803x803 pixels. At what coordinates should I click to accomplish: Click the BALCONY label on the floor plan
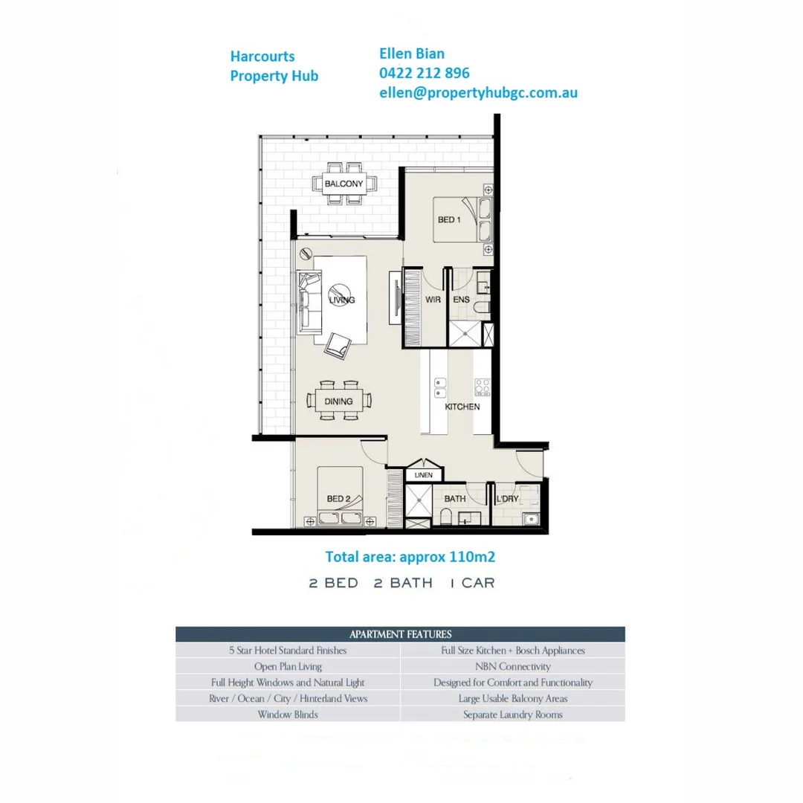[x=344, y=184]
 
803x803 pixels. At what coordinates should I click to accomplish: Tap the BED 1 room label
[x=447, y=220]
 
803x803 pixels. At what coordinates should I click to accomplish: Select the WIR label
[x=433, y=300]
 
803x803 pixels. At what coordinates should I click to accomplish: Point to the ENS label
[x=461, y=300]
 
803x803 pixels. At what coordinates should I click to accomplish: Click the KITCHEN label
[x=462, y=407]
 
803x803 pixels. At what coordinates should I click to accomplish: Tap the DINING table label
[x=338, y=401]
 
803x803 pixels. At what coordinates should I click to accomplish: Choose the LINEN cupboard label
[x=423, y=474]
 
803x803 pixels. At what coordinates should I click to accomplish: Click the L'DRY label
[x=507, y=499]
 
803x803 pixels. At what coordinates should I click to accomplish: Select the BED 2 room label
[x=338, y=498]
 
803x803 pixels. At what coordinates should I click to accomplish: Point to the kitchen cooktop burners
[x=483, y=387]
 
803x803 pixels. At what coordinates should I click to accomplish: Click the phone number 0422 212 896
[x=425, y=73]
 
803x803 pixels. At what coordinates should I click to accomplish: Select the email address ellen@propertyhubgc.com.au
[x=478, y=92]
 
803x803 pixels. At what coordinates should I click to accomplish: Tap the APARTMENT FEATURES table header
[x=400, y=634]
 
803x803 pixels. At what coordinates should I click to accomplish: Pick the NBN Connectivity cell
[x=513, y=666]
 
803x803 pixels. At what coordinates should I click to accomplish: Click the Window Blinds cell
[x=288, y=715]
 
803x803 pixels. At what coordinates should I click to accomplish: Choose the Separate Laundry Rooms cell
[x=513, y=715]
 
